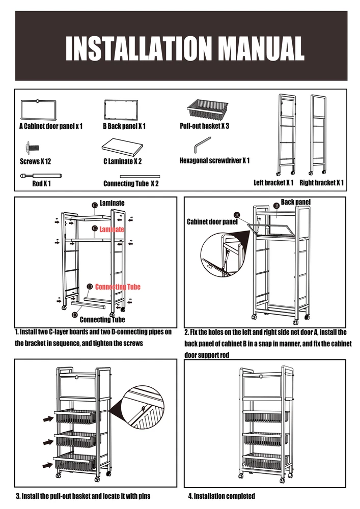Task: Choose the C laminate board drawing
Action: pyautogui.click(x=123, y=147)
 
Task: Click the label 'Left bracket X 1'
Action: pyautogui.click(x=273, y=183)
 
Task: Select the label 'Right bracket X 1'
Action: pyautogui.click(x=321, y=183)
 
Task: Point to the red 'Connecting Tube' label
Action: pyautogui.click(x=118, y=287)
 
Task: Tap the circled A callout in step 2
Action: pyautogui.click(x=237, y=214)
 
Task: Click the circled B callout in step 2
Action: pyautogui.click(x=276, y=205)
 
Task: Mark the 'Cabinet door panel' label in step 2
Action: pyautogui.click(x=212, y=222)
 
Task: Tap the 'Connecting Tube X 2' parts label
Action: pyautogui.click(x=131, y=183)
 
